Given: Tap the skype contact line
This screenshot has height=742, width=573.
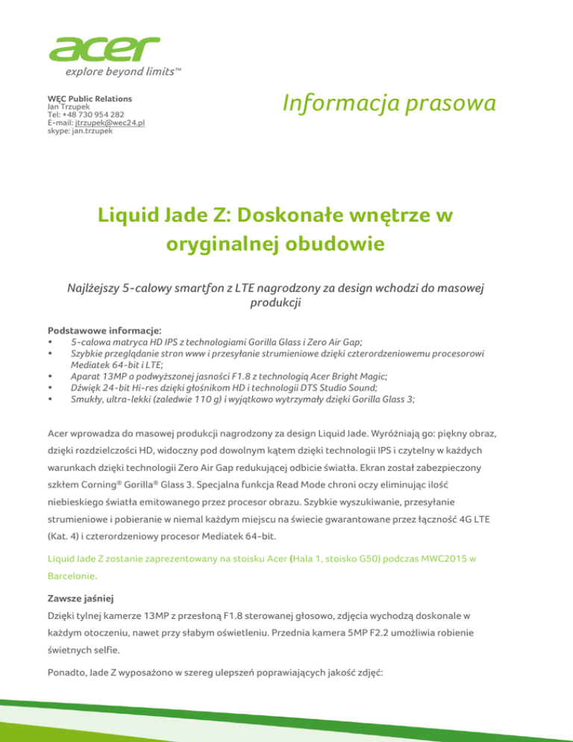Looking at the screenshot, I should pos(80,131).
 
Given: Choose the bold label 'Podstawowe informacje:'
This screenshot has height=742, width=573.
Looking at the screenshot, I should pos(94,329).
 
